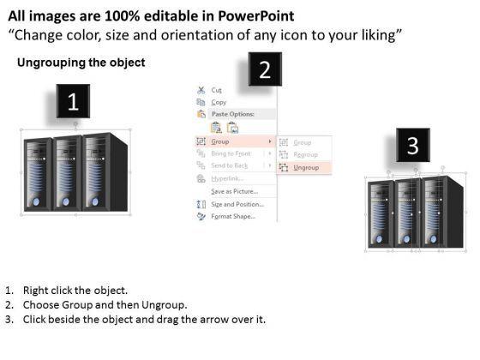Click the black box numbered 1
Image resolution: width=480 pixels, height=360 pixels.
(x=73, y=101)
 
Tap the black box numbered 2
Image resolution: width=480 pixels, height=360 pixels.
(x=265, y=69)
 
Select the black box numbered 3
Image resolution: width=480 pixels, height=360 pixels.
(x=413, y=145)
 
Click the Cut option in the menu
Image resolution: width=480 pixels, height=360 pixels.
(x=216, y=90)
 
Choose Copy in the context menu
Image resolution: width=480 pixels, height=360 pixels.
(x=219, y=102)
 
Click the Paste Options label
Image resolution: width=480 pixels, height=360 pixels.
(x=233, y=114)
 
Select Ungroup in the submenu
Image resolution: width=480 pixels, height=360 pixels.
(x=306, y=167)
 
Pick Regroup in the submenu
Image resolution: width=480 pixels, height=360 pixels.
(x=305, y=154)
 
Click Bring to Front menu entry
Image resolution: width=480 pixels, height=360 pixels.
(x=231, y=153)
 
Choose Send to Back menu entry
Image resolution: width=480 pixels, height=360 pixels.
(x=230, y=165)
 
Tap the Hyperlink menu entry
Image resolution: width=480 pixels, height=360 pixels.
(x=227, y=178)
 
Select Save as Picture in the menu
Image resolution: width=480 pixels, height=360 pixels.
(x=235, y=191)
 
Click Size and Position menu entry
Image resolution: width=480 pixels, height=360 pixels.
(x=237, y=204)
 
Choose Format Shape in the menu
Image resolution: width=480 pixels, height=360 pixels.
(x=233, y=216)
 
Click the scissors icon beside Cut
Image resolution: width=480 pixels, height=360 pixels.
(x=201, y=90)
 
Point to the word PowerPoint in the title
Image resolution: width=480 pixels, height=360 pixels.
(x=256, y=16)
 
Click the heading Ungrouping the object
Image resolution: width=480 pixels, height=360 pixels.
(x=81, y=63)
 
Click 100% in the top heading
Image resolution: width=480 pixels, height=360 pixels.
(x=122, y=16)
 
